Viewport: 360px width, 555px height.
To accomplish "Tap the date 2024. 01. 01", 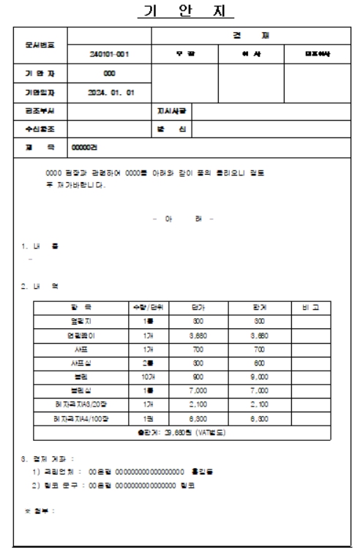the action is (x=108, y=93).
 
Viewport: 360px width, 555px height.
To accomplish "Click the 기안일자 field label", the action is (x=37, y=93).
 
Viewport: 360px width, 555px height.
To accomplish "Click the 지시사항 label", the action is (x=168, y=111).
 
